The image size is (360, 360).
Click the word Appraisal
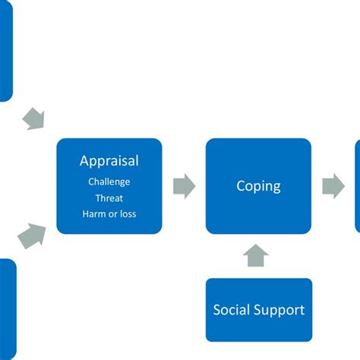pos(109,161)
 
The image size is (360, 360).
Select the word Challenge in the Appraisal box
pos(109,182)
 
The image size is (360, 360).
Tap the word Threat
pos(109,197)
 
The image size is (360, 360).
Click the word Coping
pos(258,186)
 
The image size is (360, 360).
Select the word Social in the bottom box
pos(232,310)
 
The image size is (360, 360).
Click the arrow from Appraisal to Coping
pos(184,186)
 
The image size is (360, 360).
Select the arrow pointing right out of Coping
pos(333,186)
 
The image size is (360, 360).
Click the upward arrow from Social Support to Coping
pos(258,256)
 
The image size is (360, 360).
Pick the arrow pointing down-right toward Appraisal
pos(33,118)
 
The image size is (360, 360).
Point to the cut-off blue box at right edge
pos(357,186)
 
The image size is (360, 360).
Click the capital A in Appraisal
pos(85,160)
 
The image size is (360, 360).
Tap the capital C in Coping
pos(241,185)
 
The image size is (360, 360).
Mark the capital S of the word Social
pos(218,310)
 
